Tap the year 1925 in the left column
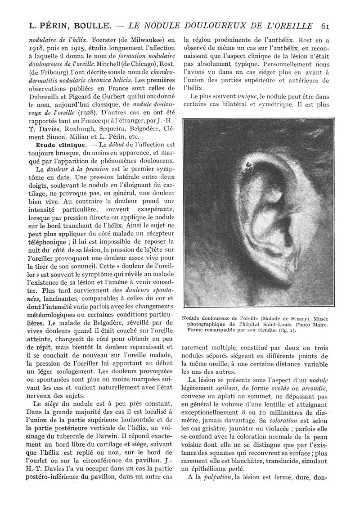[x=64, y=47]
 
